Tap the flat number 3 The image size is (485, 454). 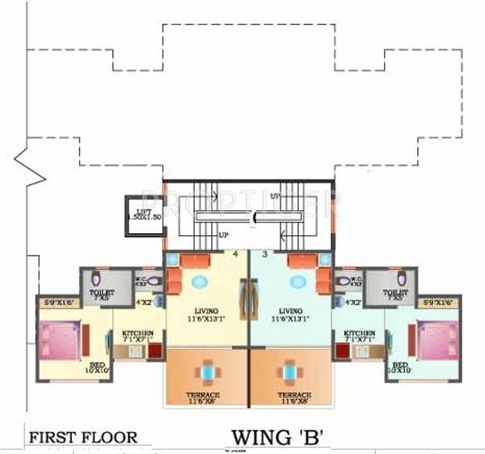[x=264, y=254]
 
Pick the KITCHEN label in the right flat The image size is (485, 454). [x=359, y=333]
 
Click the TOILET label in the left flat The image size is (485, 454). [x=102, y=292]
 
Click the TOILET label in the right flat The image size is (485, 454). [x=394, y=292]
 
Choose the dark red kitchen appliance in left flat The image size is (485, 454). [x=154, y=353]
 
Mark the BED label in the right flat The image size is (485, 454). [x=399, y=365]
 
